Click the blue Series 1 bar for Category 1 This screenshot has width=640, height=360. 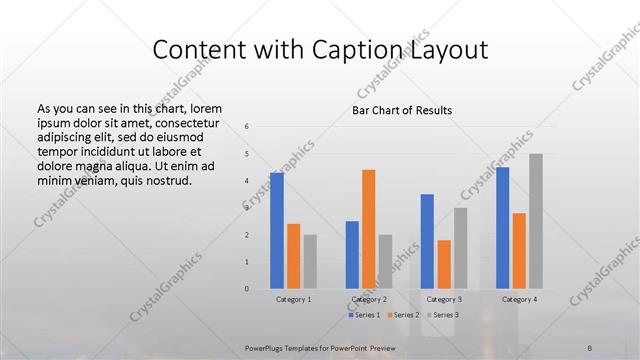(276, 231)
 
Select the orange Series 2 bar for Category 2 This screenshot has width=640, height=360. (368, 229)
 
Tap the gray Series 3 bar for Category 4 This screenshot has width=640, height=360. (536, 221)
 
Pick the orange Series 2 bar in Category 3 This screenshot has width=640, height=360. (444, 264)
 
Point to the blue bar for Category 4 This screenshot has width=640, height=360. (502, 228)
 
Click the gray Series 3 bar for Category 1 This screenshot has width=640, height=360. (310, 262)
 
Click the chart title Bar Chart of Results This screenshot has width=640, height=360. (402, 110)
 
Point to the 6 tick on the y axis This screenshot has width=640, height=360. (247, 126)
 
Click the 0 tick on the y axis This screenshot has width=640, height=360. (247, 289)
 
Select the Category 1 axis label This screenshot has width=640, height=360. (293, 299)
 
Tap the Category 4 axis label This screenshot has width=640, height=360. (519, 299)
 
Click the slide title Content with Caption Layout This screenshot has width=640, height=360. (320, 49)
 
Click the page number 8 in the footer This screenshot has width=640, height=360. (590, 347)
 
